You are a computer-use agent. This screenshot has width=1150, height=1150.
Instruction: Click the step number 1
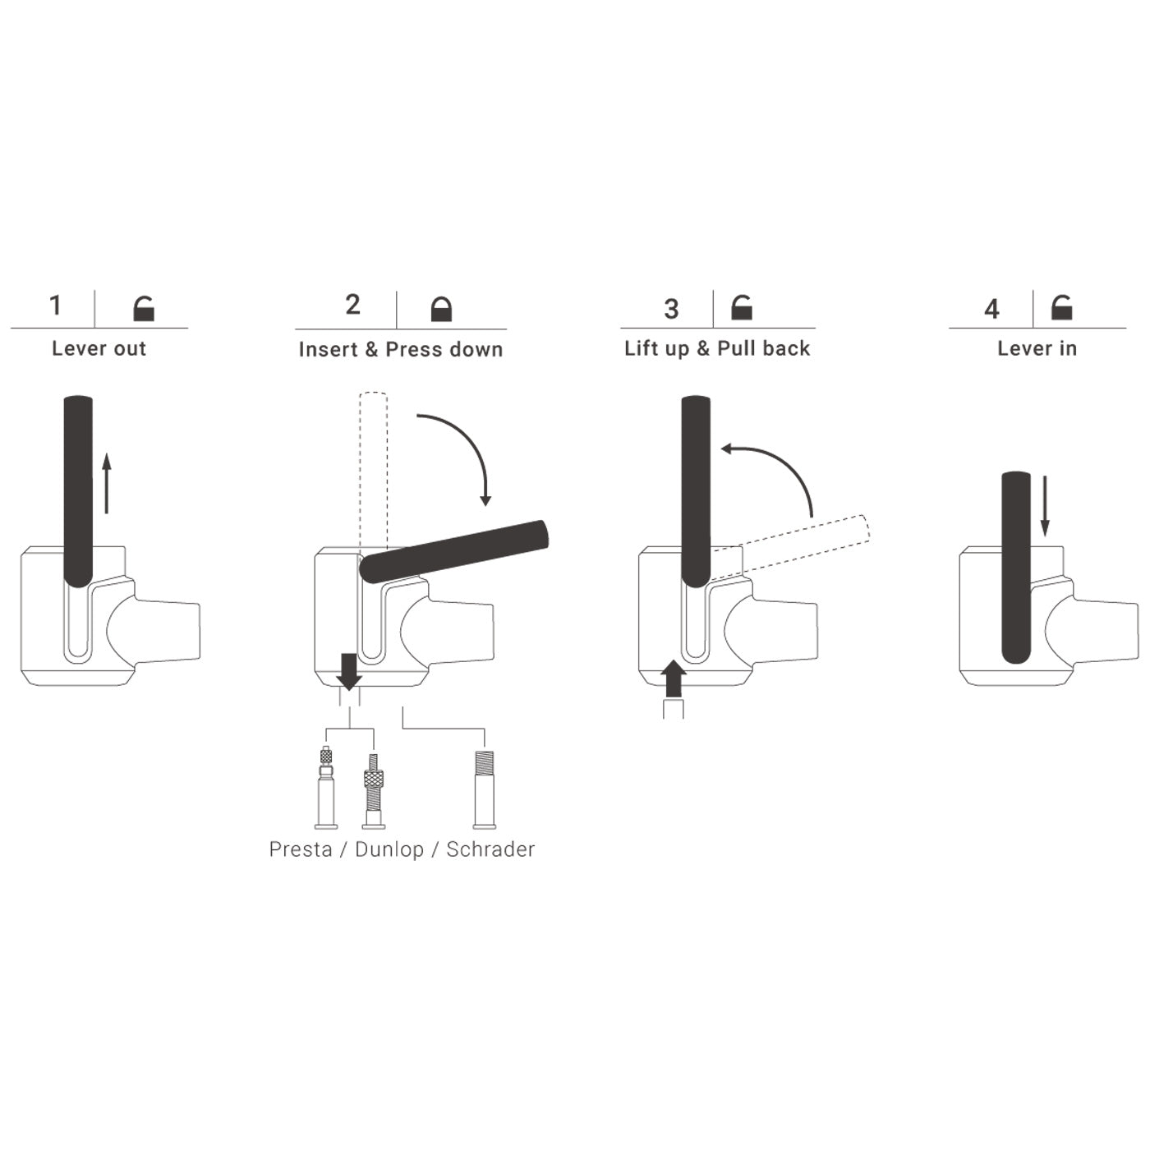point(56,306)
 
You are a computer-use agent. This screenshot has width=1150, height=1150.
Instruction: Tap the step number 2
point(352,305)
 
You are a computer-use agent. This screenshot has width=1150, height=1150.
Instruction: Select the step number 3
point(671,309)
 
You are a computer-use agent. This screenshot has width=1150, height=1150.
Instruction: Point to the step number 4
point(991,309)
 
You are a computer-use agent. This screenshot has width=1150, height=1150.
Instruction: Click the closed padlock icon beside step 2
point(441,309)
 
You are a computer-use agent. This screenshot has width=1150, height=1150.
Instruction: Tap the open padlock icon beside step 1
point(144,309)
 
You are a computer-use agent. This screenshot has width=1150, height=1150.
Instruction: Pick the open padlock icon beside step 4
point(1061,307)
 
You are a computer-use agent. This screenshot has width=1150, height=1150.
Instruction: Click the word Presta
point(300,849)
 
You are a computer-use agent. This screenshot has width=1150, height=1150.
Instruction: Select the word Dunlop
point(389,849)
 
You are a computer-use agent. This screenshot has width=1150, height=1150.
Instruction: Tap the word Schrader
point(490,849)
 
